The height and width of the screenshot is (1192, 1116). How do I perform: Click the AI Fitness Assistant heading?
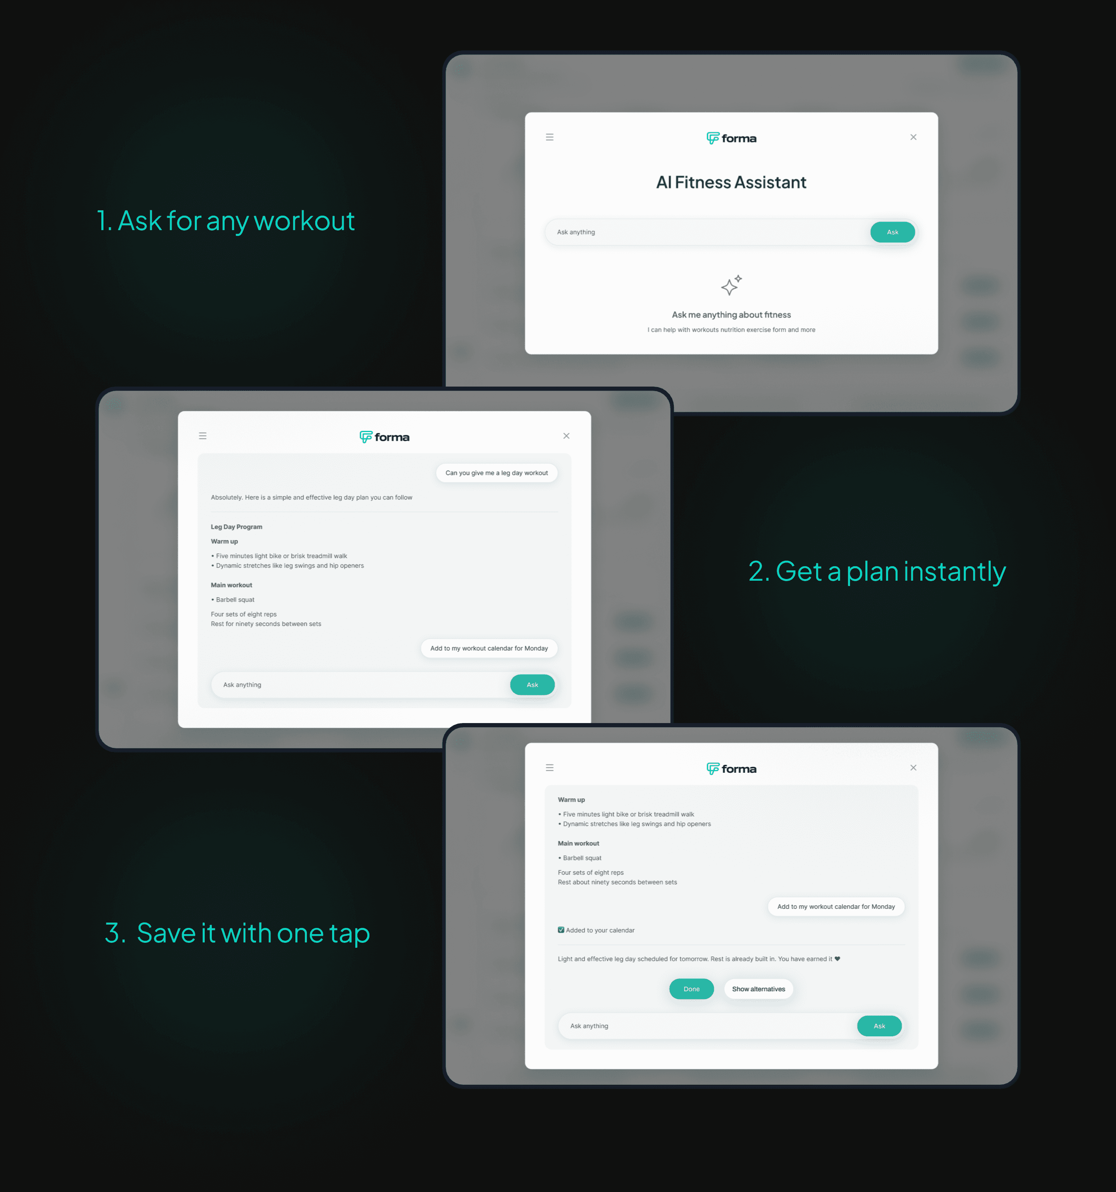731,182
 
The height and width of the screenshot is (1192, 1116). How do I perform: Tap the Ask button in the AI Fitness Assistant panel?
893,232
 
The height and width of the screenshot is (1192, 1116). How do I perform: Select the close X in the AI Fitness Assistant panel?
913,137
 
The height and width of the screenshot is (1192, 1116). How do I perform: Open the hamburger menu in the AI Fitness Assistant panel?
550,137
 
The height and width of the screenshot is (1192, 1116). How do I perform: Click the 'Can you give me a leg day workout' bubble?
497,473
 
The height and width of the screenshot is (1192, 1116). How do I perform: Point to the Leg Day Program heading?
236,527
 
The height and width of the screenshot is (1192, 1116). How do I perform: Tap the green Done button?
692,989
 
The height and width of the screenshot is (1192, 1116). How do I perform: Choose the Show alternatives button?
759,989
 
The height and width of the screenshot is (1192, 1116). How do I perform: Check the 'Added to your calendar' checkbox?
561,930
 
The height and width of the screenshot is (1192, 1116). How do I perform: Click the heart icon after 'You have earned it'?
837,959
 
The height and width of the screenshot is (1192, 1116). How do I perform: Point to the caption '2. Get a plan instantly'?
877,572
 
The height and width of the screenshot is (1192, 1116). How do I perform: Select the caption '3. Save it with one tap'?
237,933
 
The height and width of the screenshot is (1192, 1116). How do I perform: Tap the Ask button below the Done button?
879,1026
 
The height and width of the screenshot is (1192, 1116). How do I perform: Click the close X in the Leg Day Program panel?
566,436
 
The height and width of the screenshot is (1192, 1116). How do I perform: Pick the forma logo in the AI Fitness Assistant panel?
731,139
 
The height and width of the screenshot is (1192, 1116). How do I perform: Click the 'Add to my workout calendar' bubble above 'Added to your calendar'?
836,906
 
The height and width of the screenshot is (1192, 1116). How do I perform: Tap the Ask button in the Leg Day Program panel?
532,685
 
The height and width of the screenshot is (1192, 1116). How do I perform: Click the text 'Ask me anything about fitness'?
731,315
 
